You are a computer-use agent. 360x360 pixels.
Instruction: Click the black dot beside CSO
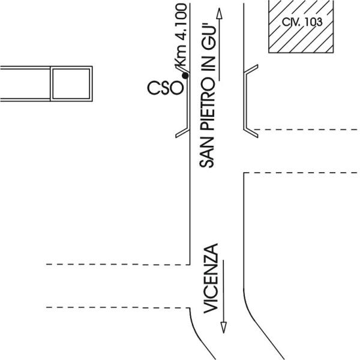coord(185,76)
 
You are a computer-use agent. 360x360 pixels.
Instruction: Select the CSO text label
coord(164,88)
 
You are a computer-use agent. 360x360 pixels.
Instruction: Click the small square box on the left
coord(71,83)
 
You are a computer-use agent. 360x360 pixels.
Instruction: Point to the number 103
coord(313,22)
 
